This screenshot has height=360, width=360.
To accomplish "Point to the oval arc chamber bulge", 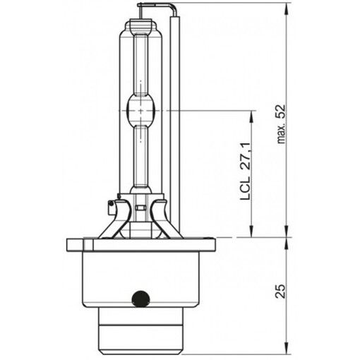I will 142,111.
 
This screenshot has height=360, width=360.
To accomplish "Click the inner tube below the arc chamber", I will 142,152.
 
